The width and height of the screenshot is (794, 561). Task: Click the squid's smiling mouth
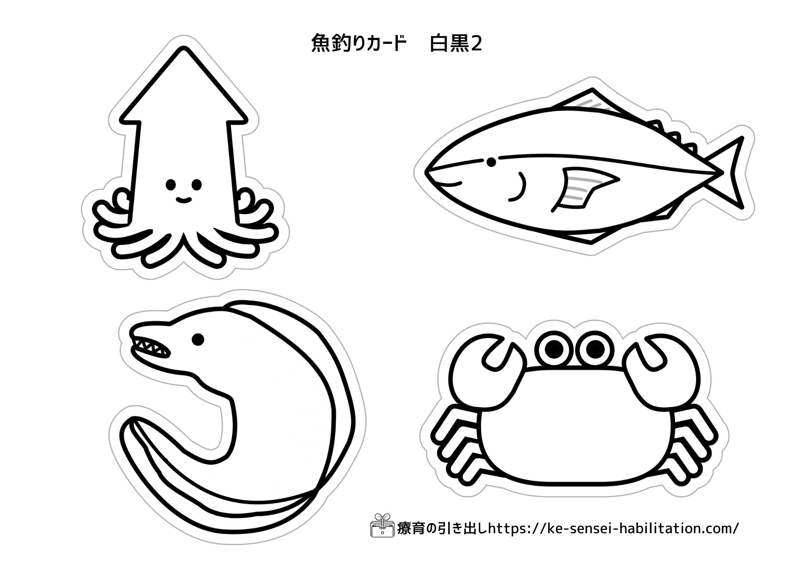[x=183, y=200]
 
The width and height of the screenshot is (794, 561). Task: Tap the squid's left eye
[x=171, y=184]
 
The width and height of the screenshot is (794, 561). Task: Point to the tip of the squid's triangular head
[x=183, y=49]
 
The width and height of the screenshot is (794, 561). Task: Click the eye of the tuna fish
[x=491, y=162]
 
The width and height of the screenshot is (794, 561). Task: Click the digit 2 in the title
[x=476, y=44]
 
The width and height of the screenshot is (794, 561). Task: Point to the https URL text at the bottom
[x=614, y=528]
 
